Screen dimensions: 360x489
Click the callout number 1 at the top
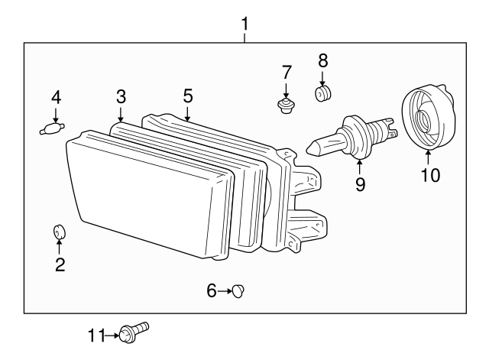click(x=244, y=24)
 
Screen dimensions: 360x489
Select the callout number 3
click(x=121, y=96)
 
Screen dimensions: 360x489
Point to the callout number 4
click(x=55, y=97)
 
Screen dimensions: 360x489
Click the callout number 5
click(x=188, y=96)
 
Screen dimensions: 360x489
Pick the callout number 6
click(x=212, y=290)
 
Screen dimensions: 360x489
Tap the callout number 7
click(x=287, y=73)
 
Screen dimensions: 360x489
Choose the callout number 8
click(x=322, y=59)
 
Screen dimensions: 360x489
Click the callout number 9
click(x=360, y=183)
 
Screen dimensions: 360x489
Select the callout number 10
click(x=430, y=175)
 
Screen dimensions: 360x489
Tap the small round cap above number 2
click(x=59, y=232)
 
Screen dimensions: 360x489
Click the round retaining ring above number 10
click(x=427, y=118)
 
